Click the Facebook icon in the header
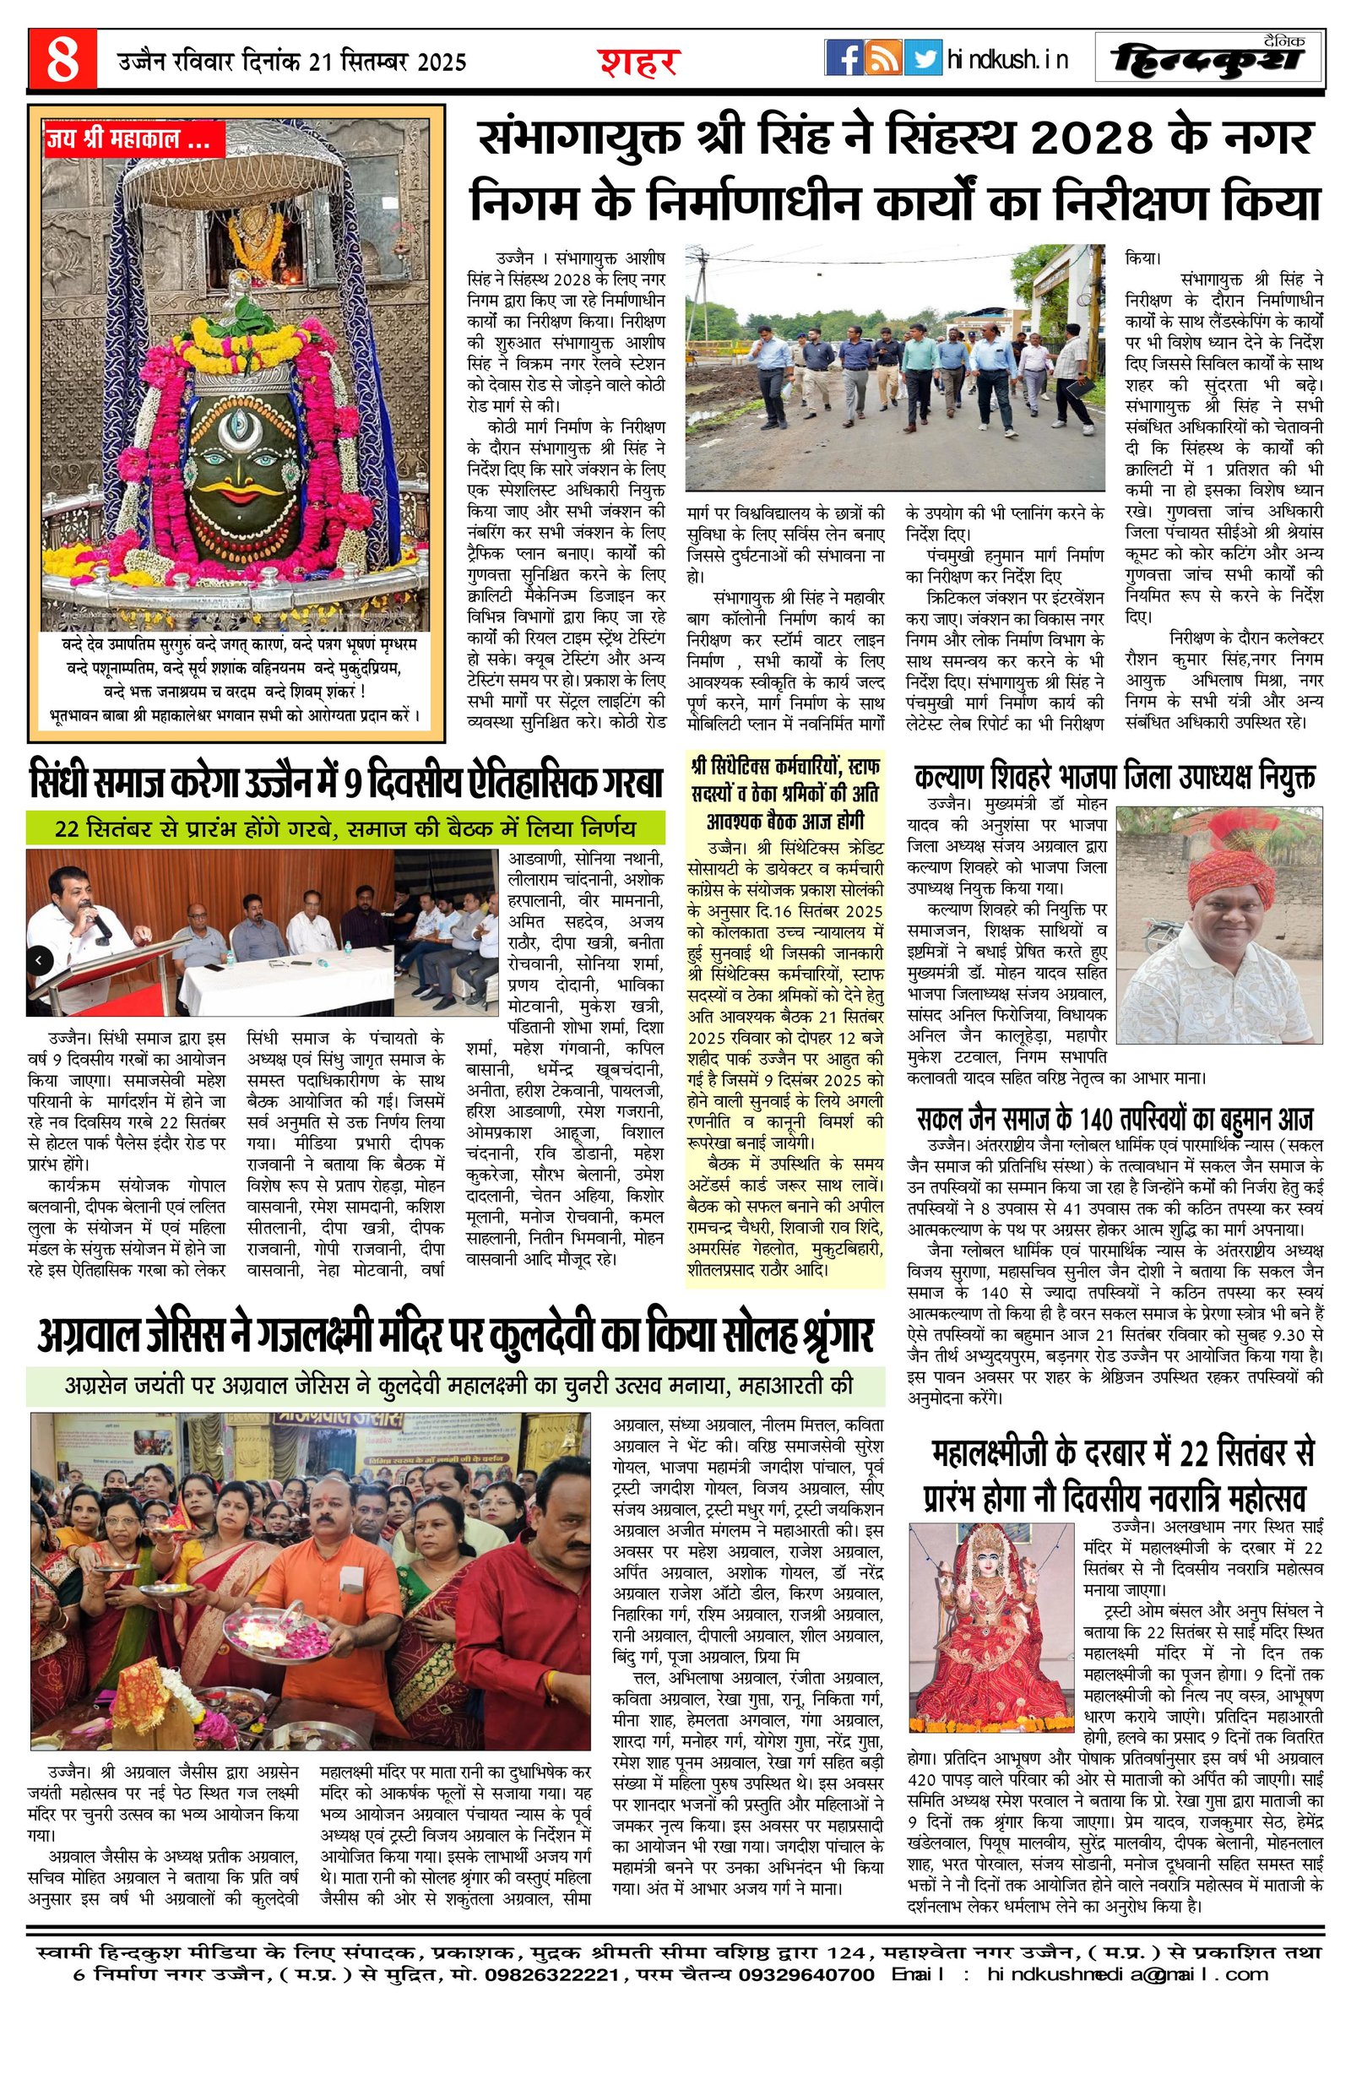point(844,58)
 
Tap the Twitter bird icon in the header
point(923,58)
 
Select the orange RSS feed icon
point(884,58)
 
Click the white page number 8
point(62,61)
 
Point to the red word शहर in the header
point(638,62)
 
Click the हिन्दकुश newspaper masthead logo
point(1207,59)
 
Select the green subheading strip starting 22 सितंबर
point(346,828)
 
